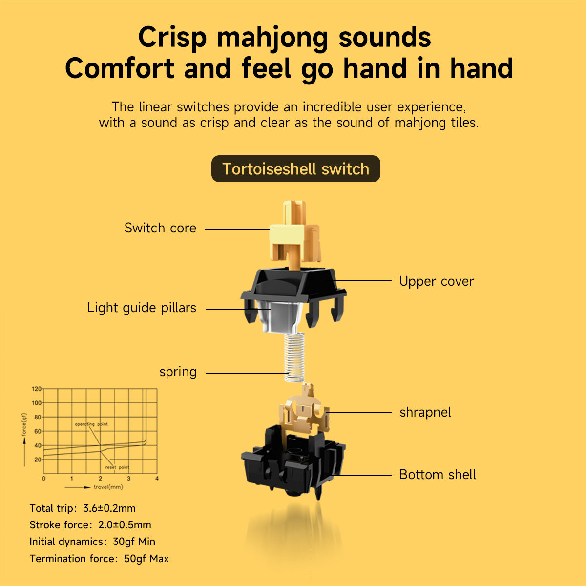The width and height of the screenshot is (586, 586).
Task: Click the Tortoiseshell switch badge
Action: click(x=295, y=169)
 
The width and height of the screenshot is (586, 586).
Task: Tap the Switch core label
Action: click(x=160, y=228)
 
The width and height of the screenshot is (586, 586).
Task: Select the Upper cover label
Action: click(x=437, y=282)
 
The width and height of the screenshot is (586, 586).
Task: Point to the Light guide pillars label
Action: click(x=142, y=308)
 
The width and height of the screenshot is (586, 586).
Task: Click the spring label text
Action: click(x=178, y=372)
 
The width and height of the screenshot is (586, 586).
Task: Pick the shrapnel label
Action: click(x=425, y=413)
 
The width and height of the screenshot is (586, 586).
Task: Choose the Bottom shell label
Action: click(x=437, y=475)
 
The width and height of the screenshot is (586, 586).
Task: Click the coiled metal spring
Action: click(x=294, y=357)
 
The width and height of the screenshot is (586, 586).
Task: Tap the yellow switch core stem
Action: click(x=294, y=236)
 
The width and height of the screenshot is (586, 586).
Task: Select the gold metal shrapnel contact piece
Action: click(x=304, y=412)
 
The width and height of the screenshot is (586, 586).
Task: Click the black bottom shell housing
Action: click(x=293, y=462)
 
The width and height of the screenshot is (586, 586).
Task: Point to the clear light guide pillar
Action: click(x=280, y=316)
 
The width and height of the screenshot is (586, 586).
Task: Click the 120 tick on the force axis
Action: click(x=37, y=389)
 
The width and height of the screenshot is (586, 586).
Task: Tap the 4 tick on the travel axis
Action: click(x=157, y=479)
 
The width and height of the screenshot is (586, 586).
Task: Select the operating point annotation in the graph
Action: click(x=91, y=424)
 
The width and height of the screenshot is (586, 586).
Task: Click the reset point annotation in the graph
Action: click(x=117, y=467)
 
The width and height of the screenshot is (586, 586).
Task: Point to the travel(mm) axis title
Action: click(x=108, y=487)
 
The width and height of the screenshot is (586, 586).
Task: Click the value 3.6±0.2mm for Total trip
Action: click(x=109, y=508)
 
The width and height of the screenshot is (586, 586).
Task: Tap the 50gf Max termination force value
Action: click(x=146, y=559)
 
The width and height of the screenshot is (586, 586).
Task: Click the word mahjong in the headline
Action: click(x=272, y=38)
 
